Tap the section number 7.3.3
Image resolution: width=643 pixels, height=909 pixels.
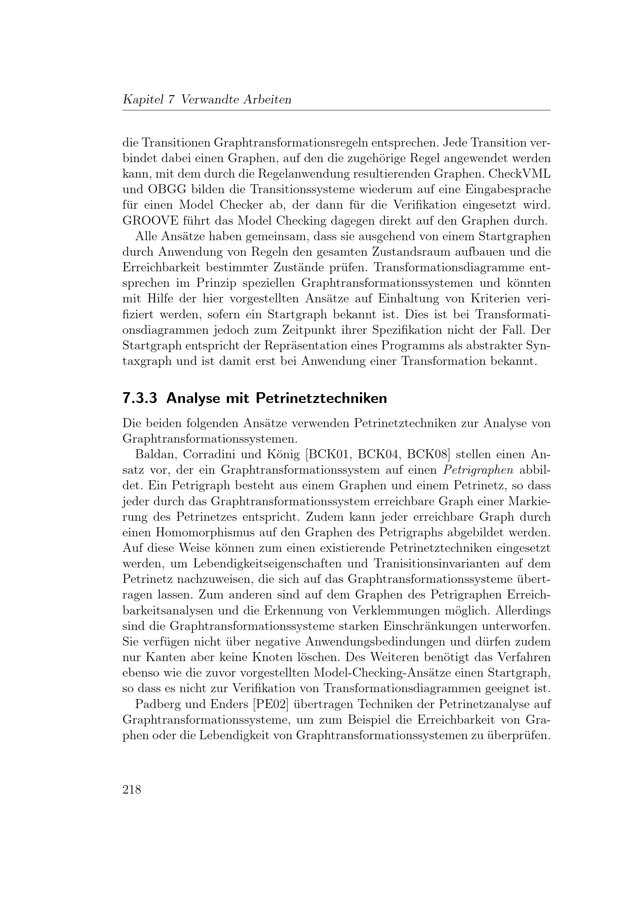coord(140,398)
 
